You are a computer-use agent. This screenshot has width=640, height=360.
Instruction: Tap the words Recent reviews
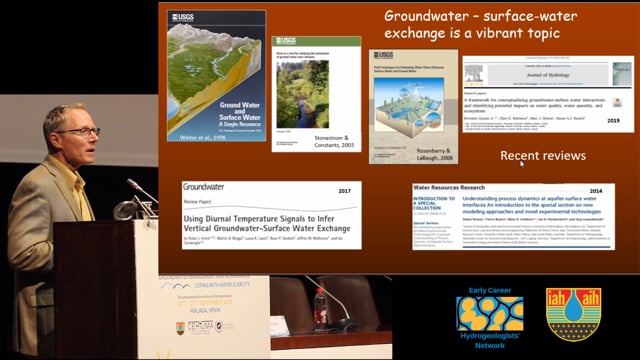[x=542, y=156]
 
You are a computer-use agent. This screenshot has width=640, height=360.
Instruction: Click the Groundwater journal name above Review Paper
[x=204, y=186]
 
